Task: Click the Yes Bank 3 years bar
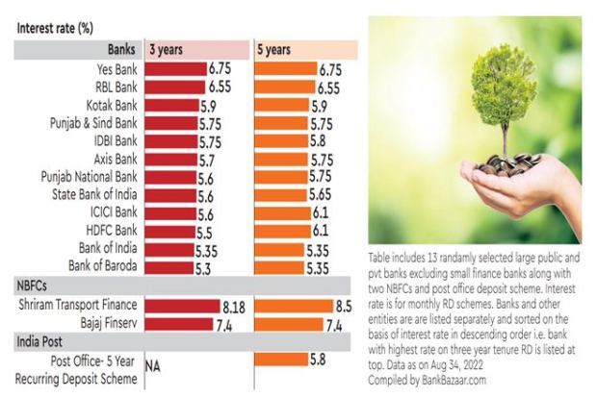coord(175,69)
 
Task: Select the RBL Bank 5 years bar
coord(285,86)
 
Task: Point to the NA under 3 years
coord(152,366)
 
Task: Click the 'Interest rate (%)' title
coord(54,27)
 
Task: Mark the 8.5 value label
coord(344,305)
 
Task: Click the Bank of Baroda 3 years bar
coord(169,266)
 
